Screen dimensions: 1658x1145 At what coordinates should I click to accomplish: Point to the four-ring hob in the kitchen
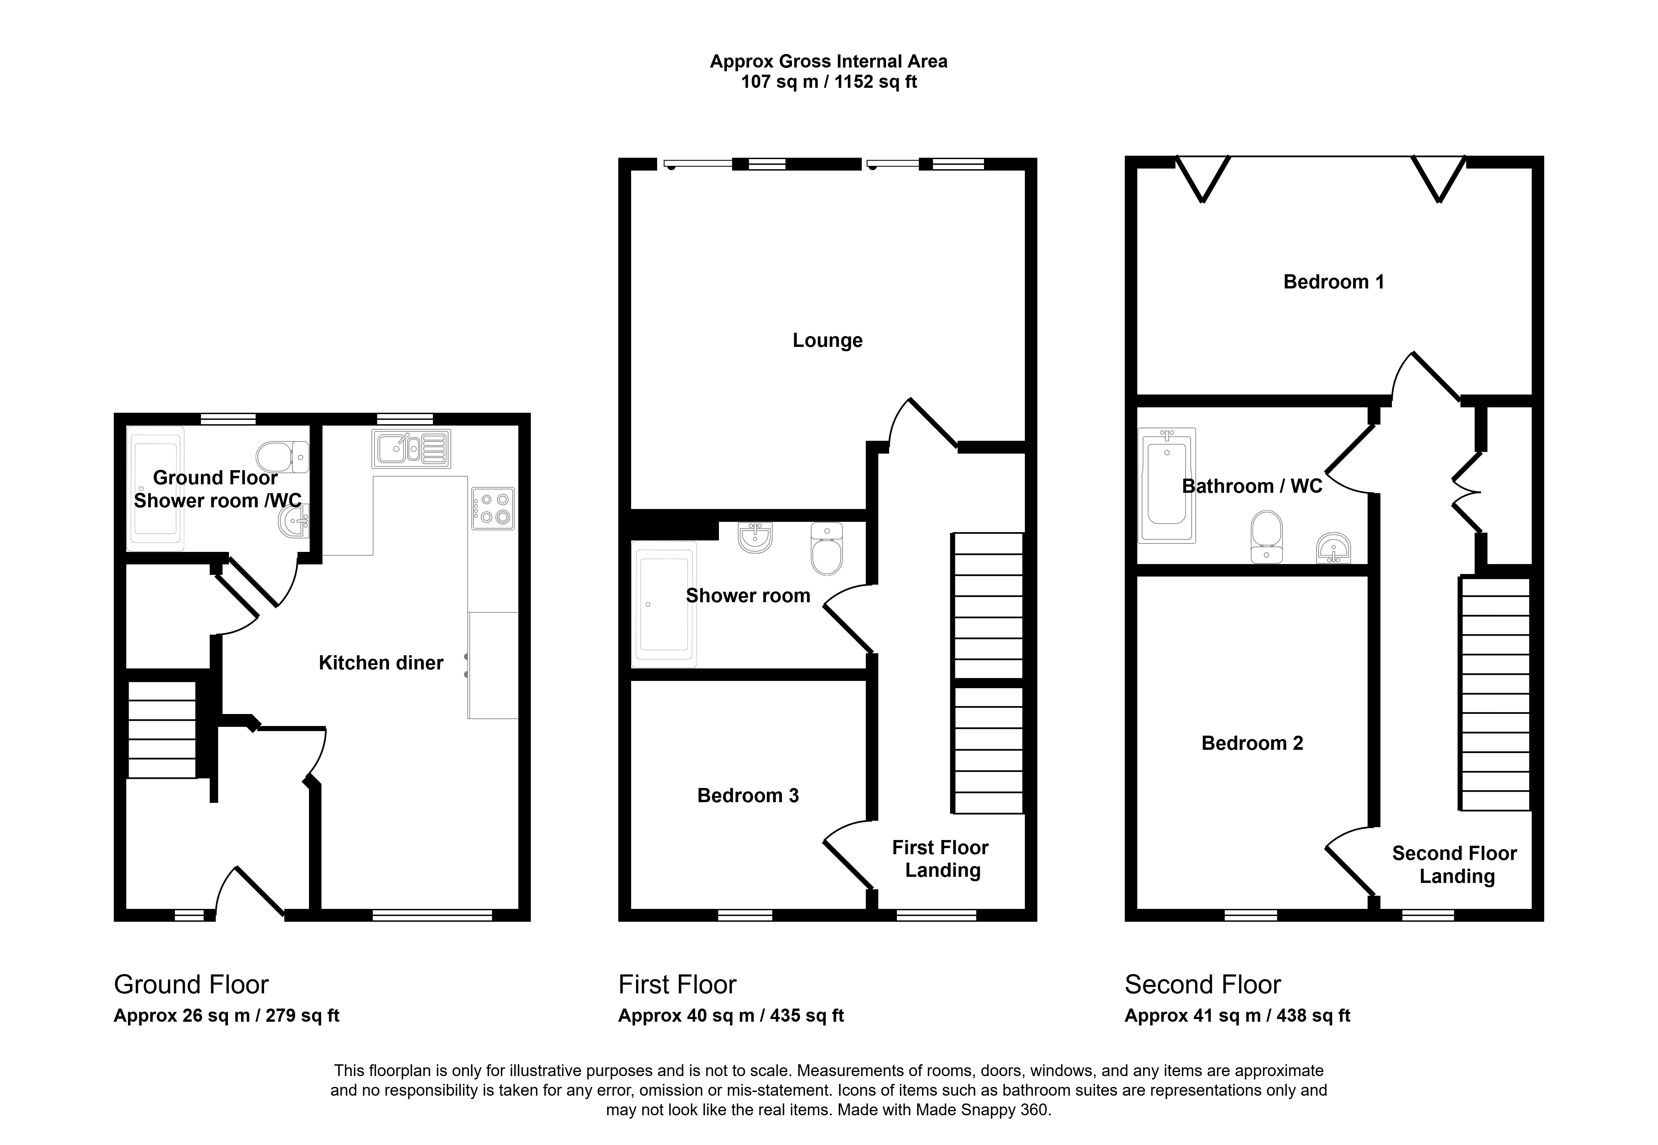[493, 509]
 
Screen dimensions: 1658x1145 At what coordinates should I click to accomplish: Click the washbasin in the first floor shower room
[755, 537]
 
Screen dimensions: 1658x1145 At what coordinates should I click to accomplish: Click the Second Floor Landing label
[1455, 864]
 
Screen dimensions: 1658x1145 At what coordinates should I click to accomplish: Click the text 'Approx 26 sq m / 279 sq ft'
[227, 1016]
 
